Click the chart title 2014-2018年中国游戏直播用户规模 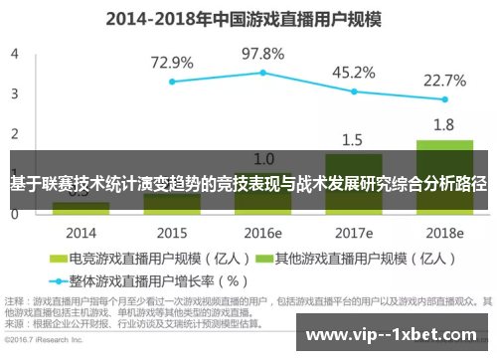click(248, 17)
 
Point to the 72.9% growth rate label click(172, 62)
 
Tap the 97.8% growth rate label click(262, 53)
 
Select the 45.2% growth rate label click(353, 72)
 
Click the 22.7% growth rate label click(444, 81)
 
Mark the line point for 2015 click(172, 82)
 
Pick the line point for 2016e click(262, 72)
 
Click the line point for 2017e click(353, 91)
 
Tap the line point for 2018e click(444, 99)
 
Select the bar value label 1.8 click(444, 124)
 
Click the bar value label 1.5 click(353, 139)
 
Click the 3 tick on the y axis click(14, 93)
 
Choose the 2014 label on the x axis click(81, 233)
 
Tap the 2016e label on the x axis click(262, 233)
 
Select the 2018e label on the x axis click(444, 233)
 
